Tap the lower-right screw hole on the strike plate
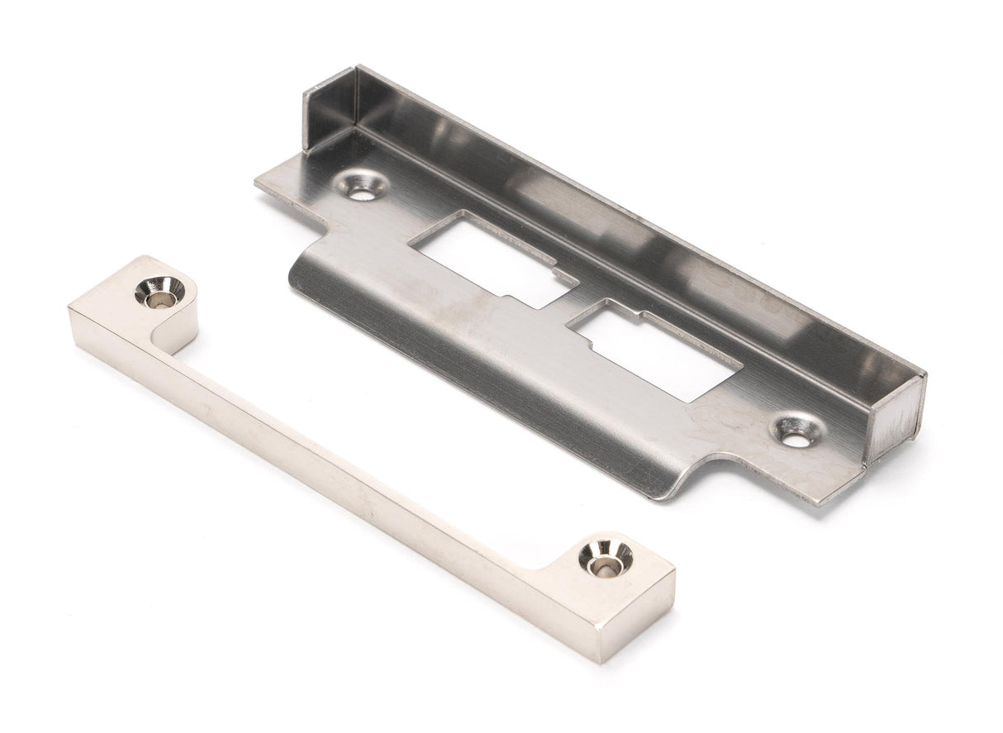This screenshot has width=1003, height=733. tap(798, 432)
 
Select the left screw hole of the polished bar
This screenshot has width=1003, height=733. tap(159, 291)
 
